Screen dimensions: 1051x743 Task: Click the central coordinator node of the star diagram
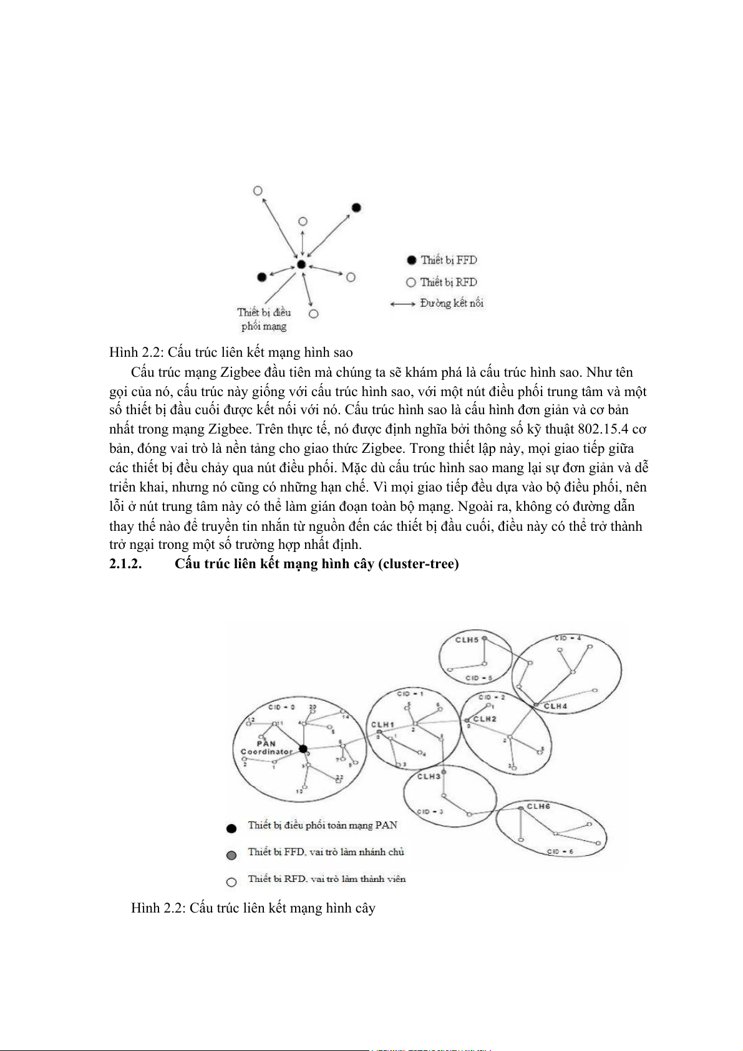pyautogui.click(x=301, y=264)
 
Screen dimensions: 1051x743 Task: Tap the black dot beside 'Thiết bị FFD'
pyautogui.click(x=411, y=260)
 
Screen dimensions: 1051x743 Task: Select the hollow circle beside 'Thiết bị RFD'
pyautogui.click(x=410, y=282)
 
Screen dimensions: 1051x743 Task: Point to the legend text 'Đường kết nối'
pyautogui.click(x=452, y=303)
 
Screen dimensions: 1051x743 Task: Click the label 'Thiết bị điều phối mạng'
pyautogui.click(x=264, y=319)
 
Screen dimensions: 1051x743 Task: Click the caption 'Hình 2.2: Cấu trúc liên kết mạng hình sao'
pyautogui.click(x=231, y=352)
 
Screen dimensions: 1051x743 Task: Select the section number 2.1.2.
pyautogui.click(x=125, y=564)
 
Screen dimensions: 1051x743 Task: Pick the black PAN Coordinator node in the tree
pyautogui.click(x=303, y=748)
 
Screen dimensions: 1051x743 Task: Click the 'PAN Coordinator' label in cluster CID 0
pyautogui.click(x=266, y=747)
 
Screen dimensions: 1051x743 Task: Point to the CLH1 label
pyautogui.click(x=382, y=725)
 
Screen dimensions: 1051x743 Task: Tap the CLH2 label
pyautogui.click(x=485, y=719)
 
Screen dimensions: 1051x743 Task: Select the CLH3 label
pyautogui.click(x=429, y=776)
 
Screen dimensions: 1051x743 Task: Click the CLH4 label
pyautogui.click(x=555, y=706)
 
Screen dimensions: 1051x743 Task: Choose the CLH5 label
pyautogui.click(x=467, y=640)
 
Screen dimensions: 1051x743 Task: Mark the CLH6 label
pyautogui.click(x=538, y=806)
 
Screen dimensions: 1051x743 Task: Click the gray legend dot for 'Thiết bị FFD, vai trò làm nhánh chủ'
pyautogui.click(x=231, y=855)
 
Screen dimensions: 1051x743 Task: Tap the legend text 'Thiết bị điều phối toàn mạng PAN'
pyautogui.click(x=323, y=825)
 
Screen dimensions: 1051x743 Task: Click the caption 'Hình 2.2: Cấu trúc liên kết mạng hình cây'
pyautogui.click(x=253, y=908)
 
